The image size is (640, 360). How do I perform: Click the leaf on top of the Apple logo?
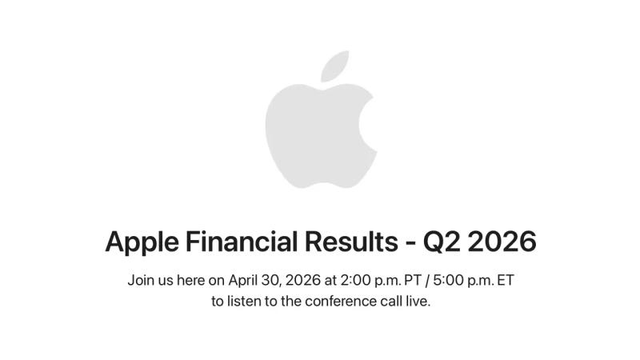tap(334, 66)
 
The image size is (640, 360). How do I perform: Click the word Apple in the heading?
tap(142, 242)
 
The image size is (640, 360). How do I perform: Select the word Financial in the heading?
tap(242, 241)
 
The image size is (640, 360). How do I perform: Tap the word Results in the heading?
tap(351, 241)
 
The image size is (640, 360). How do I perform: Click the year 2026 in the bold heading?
tap(502, 242)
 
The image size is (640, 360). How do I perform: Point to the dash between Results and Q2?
tap(410, 243)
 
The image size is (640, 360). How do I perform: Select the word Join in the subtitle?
tap(139, 280)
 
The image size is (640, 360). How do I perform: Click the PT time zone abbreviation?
tap(413, 280)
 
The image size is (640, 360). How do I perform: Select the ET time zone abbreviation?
tap(506, 280)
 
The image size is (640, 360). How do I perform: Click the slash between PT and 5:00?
tap(427, 281)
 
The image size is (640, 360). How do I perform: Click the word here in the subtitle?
tap(190, 280)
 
